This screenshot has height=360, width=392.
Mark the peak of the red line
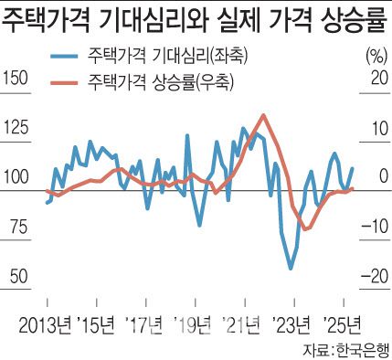(263, 115)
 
